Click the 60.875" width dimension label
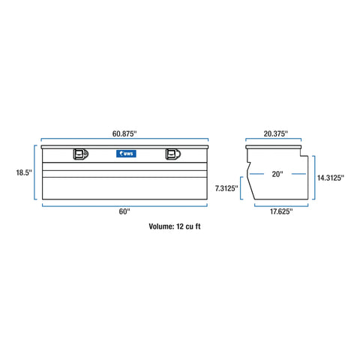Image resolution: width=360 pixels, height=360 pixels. pyautogui.click(x=124, y=133)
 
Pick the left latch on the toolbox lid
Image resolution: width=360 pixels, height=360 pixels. pyautogui.click(x=79, y=154)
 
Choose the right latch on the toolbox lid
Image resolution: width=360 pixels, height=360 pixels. pyautogui.click(x=172, y=154)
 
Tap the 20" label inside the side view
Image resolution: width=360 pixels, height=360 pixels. pyautogui.click(x=277, y=174)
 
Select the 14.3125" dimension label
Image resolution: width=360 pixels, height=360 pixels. pyautogui.click(x=330, y=178)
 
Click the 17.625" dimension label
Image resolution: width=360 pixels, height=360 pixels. pyautogui.click(x=279, y=212)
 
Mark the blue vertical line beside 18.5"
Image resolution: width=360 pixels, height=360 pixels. pyautogui.click(x=35, y=173)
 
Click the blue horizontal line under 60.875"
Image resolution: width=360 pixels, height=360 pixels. pyautogui.click(x=124, y=140)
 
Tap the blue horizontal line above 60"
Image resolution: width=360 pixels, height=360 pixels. pyautogui.click(x=124, y=205)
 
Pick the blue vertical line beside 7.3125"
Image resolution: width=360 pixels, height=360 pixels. pyautogui.click(x=241, y=189)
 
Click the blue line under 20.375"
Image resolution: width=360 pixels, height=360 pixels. pyautogui.click(x=274, y=140)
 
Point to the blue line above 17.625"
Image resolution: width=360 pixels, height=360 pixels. pyautogui.click(x=279, y=205)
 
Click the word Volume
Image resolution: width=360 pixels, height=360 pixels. pyautogui.click(x=160, y=225)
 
